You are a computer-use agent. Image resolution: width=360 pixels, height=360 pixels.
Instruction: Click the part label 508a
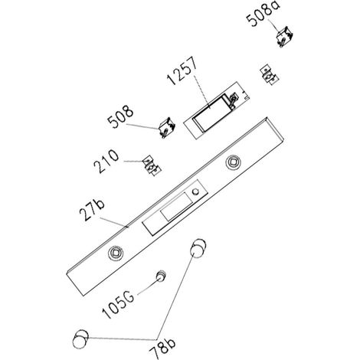263,13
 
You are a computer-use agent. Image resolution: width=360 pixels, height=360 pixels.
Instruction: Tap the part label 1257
182,70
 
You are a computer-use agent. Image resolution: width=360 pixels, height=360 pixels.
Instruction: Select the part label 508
120,117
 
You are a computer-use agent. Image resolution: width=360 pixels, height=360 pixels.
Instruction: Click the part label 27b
91,211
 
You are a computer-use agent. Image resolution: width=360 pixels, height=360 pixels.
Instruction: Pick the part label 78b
162,345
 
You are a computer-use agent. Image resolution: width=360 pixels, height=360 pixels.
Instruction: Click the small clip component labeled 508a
285,37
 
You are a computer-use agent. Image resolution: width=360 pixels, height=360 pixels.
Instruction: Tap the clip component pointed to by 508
167,127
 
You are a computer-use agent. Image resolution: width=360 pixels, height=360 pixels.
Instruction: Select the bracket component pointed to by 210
152,165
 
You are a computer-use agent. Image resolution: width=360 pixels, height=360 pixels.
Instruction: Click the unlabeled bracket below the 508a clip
269,74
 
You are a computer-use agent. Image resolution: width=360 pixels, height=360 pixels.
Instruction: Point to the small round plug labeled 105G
162,276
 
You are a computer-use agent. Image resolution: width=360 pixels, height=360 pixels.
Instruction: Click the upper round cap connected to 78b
198,248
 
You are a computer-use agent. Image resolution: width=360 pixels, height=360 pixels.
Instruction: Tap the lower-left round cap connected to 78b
80,339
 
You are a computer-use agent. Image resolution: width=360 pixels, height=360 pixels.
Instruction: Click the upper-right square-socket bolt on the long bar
234,162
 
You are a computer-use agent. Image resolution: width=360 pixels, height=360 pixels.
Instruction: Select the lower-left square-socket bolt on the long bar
116,253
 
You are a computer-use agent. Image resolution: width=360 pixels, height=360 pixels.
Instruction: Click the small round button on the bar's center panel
196,191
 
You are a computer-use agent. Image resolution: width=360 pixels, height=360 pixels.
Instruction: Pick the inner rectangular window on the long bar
175,207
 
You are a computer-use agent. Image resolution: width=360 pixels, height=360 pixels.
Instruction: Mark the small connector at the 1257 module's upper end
233,99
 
